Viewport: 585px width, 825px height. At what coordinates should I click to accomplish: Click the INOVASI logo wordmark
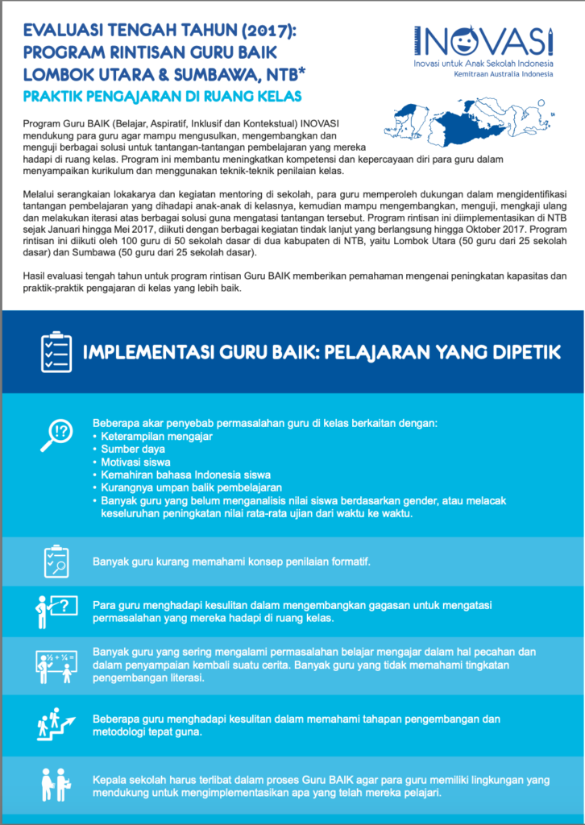[483, 40]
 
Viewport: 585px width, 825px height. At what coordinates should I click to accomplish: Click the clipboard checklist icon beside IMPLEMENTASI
[56, 350]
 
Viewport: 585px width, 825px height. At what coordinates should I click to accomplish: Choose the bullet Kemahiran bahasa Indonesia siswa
[185, 475]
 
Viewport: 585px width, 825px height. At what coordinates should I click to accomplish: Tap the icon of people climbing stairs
[56, 723]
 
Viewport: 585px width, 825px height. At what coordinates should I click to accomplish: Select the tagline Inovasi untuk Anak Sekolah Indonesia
[483, 62]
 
